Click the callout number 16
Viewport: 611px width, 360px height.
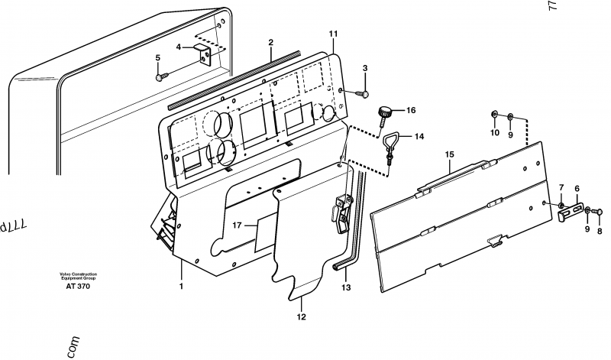[x=410, y=111]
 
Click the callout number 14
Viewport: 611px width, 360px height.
[x=418, y=137]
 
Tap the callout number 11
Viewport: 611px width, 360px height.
[x=333, y=34]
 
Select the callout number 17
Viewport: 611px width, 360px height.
[x=237, y=225]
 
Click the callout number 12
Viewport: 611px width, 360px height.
[x=301, y=316]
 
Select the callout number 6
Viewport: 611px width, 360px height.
[x=577, y=187]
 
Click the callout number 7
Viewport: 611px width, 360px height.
[x=561, y=187]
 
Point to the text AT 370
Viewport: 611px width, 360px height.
[x=77, y=286]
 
